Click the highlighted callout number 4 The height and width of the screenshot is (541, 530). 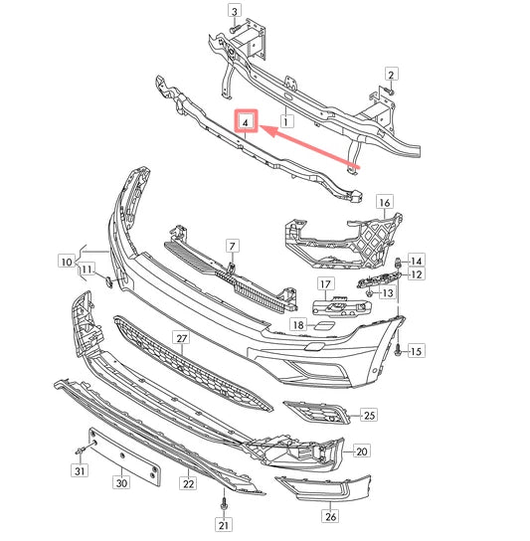(246, 123)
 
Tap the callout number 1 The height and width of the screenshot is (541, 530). (285, 122)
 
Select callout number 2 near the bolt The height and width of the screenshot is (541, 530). (392, 75)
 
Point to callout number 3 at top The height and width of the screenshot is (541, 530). (235, 12)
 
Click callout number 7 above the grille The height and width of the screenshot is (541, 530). (231, 245)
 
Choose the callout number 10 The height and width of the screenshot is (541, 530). (66, 263)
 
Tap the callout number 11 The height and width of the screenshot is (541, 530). (88, 270)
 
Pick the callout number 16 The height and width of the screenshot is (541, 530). (385, 201)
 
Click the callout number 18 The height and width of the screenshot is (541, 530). (298, 325)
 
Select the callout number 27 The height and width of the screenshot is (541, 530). (182, 339)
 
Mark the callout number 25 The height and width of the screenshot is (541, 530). (369, 414)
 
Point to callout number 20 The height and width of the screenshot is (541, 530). (361, 451)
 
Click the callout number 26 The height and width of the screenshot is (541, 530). (330, 516)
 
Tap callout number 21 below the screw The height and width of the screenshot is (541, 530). (224, 525)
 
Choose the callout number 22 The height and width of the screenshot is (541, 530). (187, 484)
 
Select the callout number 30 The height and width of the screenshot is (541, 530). (121, 483)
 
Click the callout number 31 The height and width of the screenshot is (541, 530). (79, 471)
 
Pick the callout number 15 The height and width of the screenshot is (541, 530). (416, 351)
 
